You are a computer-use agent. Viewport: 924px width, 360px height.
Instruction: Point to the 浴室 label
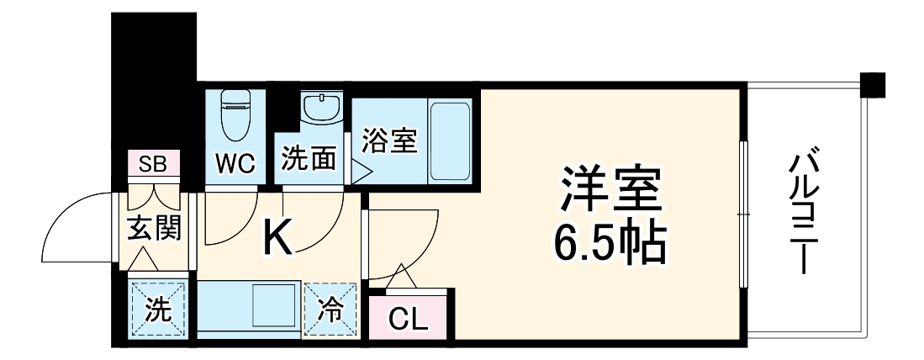pos(389,140)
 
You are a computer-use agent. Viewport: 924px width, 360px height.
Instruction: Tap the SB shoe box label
pos(153,164)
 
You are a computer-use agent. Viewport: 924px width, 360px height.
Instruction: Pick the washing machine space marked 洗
pos(156,309)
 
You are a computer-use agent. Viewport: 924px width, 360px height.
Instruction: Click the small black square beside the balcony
pos(873,84)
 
